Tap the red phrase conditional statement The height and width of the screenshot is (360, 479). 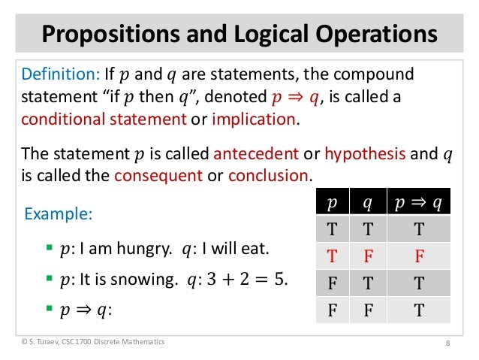[102, 119]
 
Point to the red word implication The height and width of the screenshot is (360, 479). [255, 119]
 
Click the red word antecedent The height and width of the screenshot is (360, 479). [256, 155]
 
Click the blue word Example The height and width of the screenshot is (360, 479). [59, 214]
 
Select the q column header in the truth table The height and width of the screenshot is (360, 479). [369, 204]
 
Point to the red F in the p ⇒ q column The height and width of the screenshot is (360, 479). [419, 258]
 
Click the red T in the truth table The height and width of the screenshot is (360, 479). [331, 258]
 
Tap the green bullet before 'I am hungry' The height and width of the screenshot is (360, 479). [49, 247]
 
